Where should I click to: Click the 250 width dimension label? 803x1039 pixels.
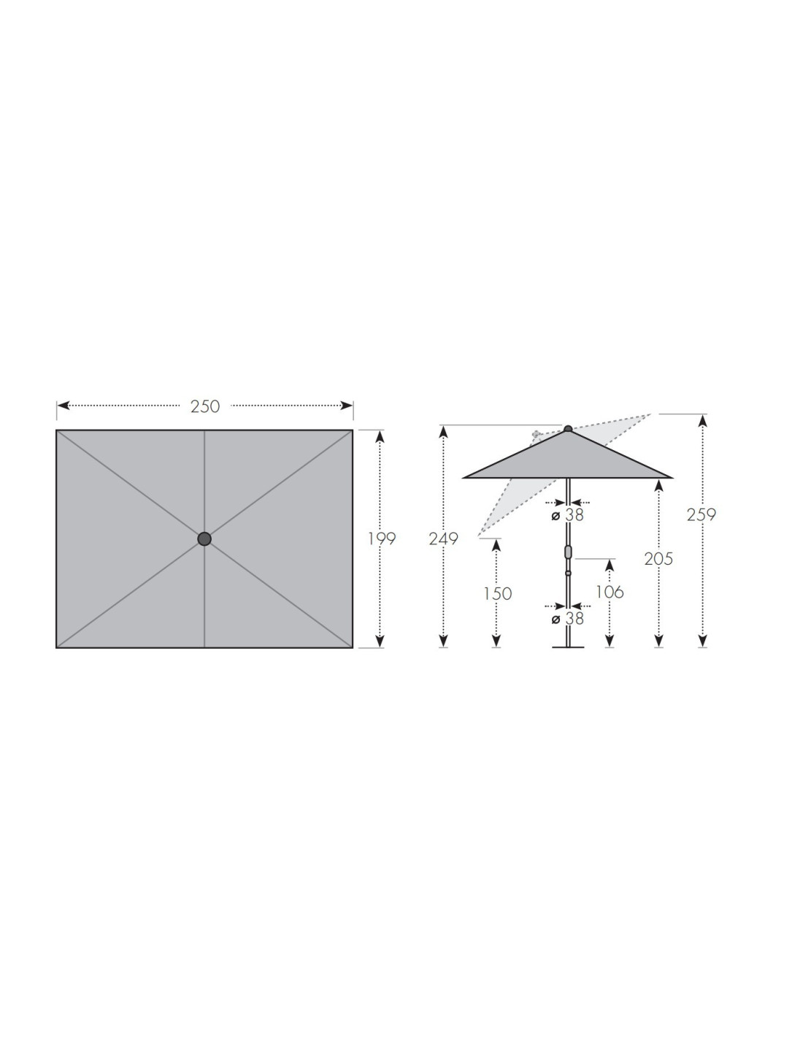205,406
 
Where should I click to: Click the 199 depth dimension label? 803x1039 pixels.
382,539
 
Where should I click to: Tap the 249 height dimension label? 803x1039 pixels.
443,539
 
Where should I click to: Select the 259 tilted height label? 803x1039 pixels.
702,515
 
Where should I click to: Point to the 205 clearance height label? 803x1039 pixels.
658,559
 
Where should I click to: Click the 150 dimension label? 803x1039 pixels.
497,594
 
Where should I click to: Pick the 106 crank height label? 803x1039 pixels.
610,593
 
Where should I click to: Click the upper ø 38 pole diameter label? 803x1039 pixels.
567,515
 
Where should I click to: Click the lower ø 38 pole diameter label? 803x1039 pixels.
567,619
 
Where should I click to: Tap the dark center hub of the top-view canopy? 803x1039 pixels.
204,539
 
